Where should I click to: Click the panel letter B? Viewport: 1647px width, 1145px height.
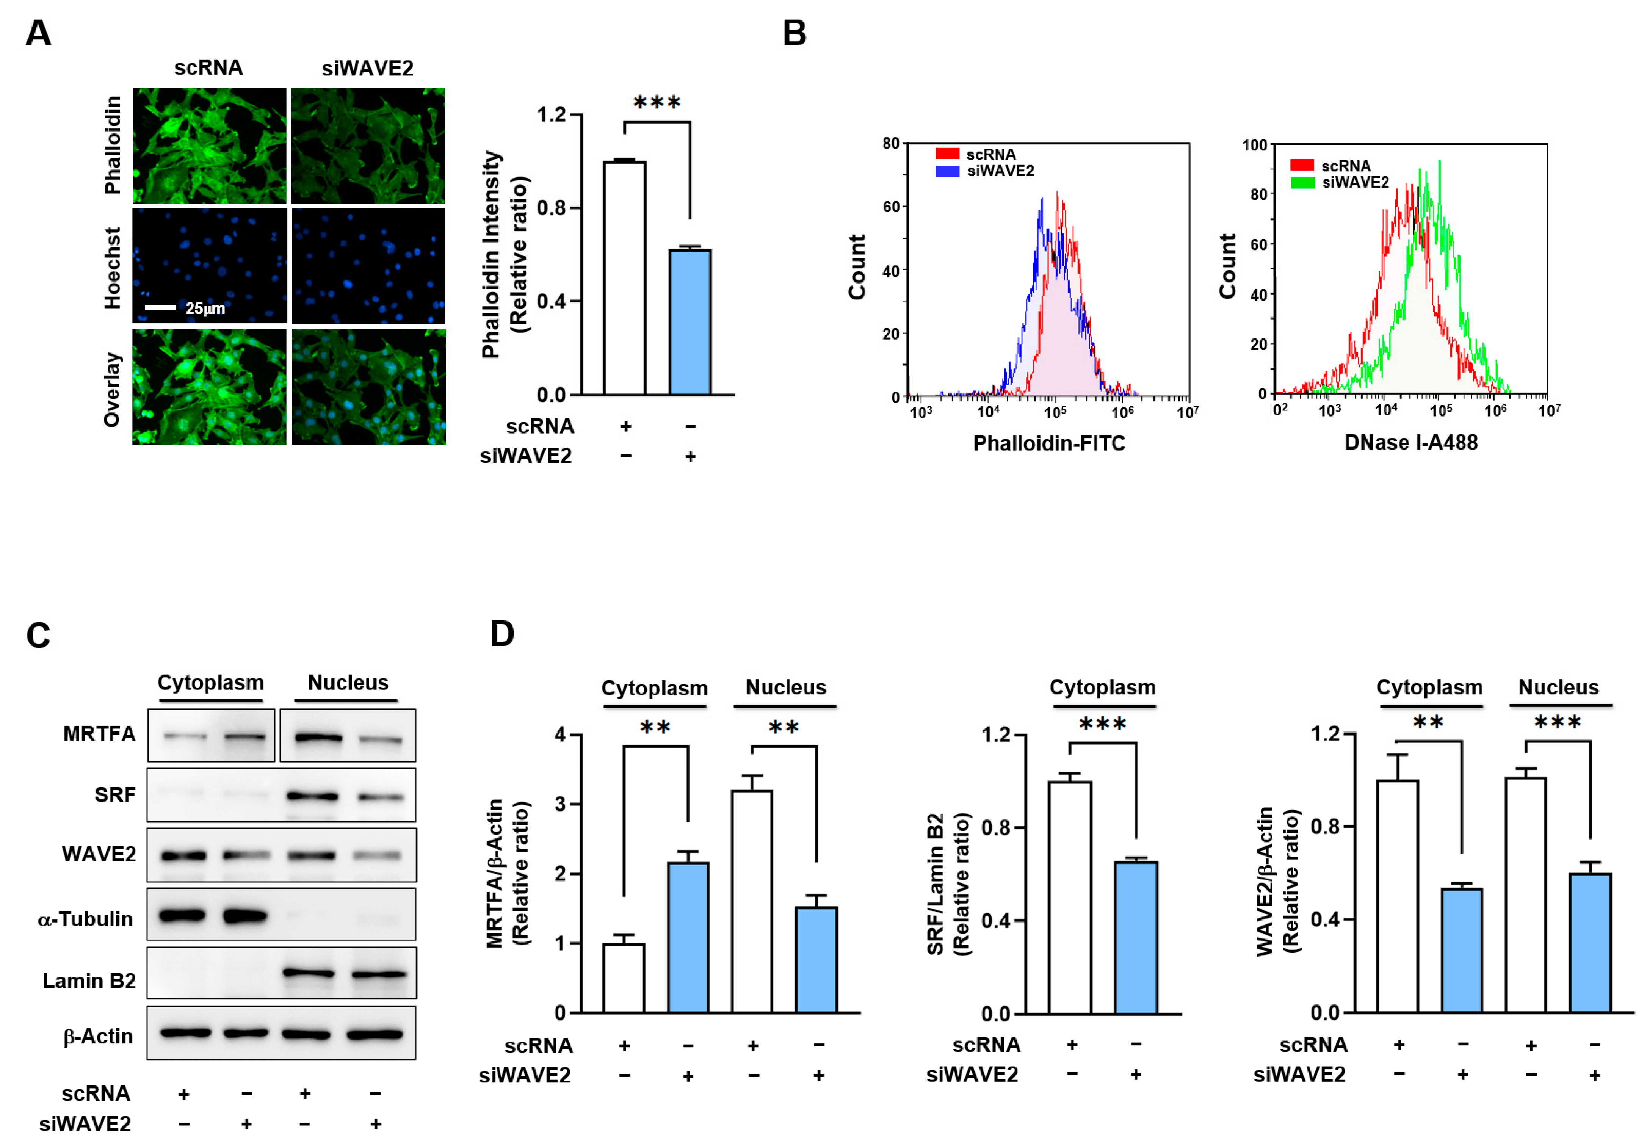[x=794, y=34]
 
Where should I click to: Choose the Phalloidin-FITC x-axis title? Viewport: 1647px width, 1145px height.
[x=1049, y=443]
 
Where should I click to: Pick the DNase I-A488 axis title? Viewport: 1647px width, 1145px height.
[x=1410, y=443]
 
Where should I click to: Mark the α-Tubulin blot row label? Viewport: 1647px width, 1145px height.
[x=85, y=919]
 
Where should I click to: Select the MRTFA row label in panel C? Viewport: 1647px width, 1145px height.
[x=99, y=734]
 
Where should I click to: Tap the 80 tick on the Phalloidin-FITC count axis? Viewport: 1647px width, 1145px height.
[x=891, y=144]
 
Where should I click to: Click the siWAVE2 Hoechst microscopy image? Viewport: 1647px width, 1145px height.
[x=368, y=266]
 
